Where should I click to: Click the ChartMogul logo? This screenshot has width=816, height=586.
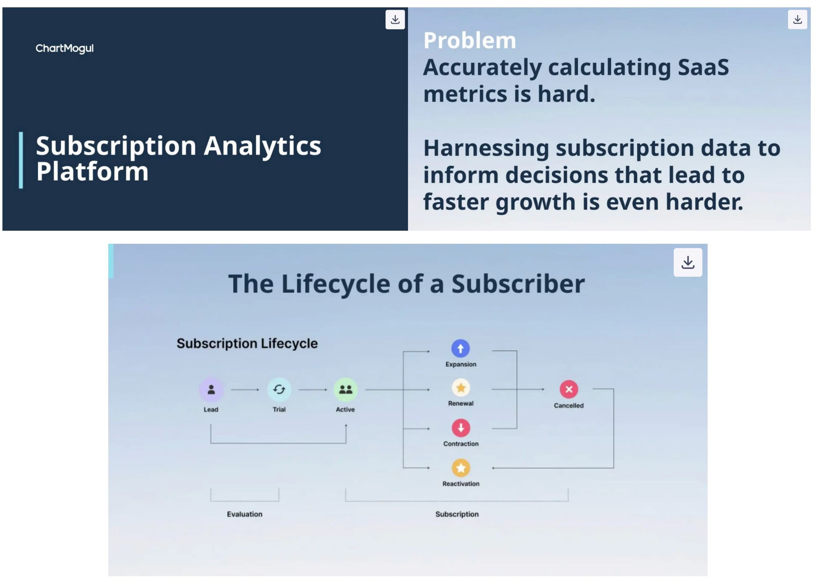(64, 48)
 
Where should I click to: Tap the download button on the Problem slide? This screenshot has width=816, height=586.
(797, 20)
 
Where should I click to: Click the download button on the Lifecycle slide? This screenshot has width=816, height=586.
(688, 262)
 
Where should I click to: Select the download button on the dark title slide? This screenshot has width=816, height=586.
(395, 20)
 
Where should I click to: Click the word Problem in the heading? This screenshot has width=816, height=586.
(470, 40)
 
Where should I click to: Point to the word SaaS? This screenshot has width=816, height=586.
(703, 67)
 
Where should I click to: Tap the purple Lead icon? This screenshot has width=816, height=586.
(211, 390)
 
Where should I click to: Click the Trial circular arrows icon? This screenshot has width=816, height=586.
(279, 390)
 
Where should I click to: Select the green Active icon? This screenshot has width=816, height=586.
(346, 390)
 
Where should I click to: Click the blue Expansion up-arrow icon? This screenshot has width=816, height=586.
(461, 349)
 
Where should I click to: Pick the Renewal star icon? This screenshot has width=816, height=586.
(461, 388)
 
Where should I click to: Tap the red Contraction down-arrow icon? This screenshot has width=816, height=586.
(461, 428)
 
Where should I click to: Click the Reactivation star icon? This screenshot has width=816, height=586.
(461, 468)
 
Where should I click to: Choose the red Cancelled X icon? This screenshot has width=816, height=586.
(569, 389)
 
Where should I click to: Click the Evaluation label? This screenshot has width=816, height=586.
(245, 514)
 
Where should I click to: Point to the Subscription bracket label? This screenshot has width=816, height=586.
(457, 514)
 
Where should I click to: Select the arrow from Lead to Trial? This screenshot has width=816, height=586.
(245, 390)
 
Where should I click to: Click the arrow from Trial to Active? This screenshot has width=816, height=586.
(313, 390)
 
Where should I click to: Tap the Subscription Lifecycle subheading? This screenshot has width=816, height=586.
(247, 343)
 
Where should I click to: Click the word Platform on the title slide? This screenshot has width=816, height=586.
(92, 172)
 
